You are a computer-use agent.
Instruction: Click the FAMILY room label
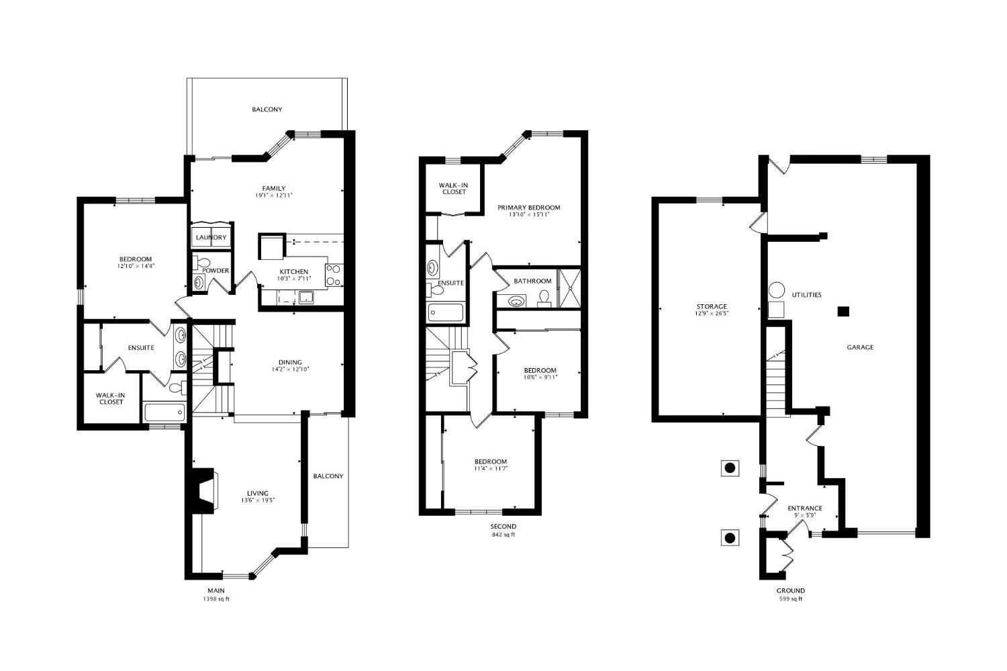274,189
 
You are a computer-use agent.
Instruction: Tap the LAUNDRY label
211,238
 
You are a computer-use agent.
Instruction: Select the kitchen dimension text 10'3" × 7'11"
294,279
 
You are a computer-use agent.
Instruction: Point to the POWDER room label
215,271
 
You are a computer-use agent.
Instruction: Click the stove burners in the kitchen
334,275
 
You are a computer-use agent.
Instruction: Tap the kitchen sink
307,298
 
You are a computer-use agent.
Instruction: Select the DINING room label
290,362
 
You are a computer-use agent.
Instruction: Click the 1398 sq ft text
216,599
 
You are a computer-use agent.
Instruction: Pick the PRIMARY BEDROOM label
529,208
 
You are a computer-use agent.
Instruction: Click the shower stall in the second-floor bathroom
569,289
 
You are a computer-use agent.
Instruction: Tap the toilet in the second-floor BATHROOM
544,298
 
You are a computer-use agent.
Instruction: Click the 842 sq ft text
503,535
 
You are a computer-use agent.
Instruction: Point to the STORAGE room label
712,307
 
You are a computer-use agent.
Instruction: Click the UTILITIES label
806,295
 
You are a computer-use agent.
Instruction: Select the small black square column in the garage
843,311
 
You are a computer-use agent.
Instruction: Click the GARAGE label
860,347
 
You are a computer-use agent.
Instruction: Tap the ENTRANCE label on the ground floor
805,508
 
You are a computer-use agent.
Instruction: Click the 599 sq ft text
791,599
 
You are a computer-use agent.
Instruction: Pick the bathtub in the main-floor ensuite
164,412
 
